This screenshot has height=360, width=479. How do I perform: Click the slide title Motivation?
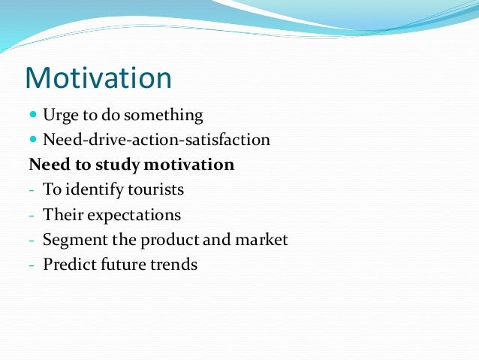[x=98, y=78]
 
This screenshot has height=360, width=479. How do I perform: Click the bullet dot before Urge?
[x=33, y=116]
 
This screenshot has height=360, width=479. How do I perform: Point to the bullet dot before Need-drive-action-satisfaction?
[x=33, y=141]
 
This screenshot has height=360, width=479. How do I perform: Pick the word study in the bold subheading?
[x=131, y=165]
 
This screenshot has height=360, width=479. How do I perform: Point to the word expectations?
[x=134, y=215]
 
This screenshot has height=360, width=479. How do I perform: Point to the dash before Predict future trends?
[x=32, y=265]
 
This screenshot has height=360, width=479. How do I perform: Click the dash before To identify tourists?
[x=32, y=191]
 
